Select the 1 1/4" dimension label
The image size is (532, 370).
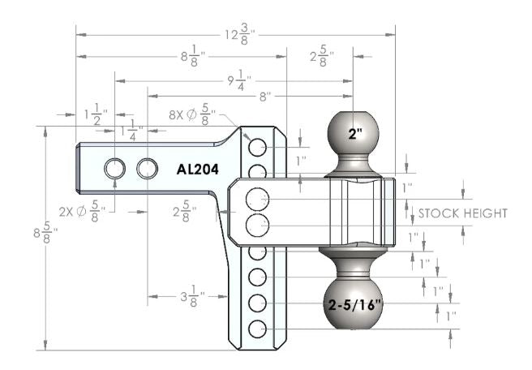[131, 130]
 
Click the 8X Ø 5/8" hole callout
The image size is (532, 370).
[191, 115]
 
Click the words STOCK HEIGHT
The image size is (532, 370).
[462, 213]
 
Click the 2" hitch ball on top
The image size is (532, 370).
[353, 135]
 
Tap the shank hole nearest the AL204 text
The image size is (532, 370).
[147, 168]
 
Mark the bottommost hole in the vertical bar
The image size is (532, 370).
[258, 329]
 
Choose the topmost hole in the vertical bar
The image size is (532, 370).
[258, 147]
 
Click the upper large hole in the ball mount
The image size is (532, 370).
[258, 197]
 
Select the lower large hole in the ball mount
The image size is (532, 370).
[258, 225]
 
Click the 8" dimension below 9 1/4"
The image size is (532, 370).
[266, 96]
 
